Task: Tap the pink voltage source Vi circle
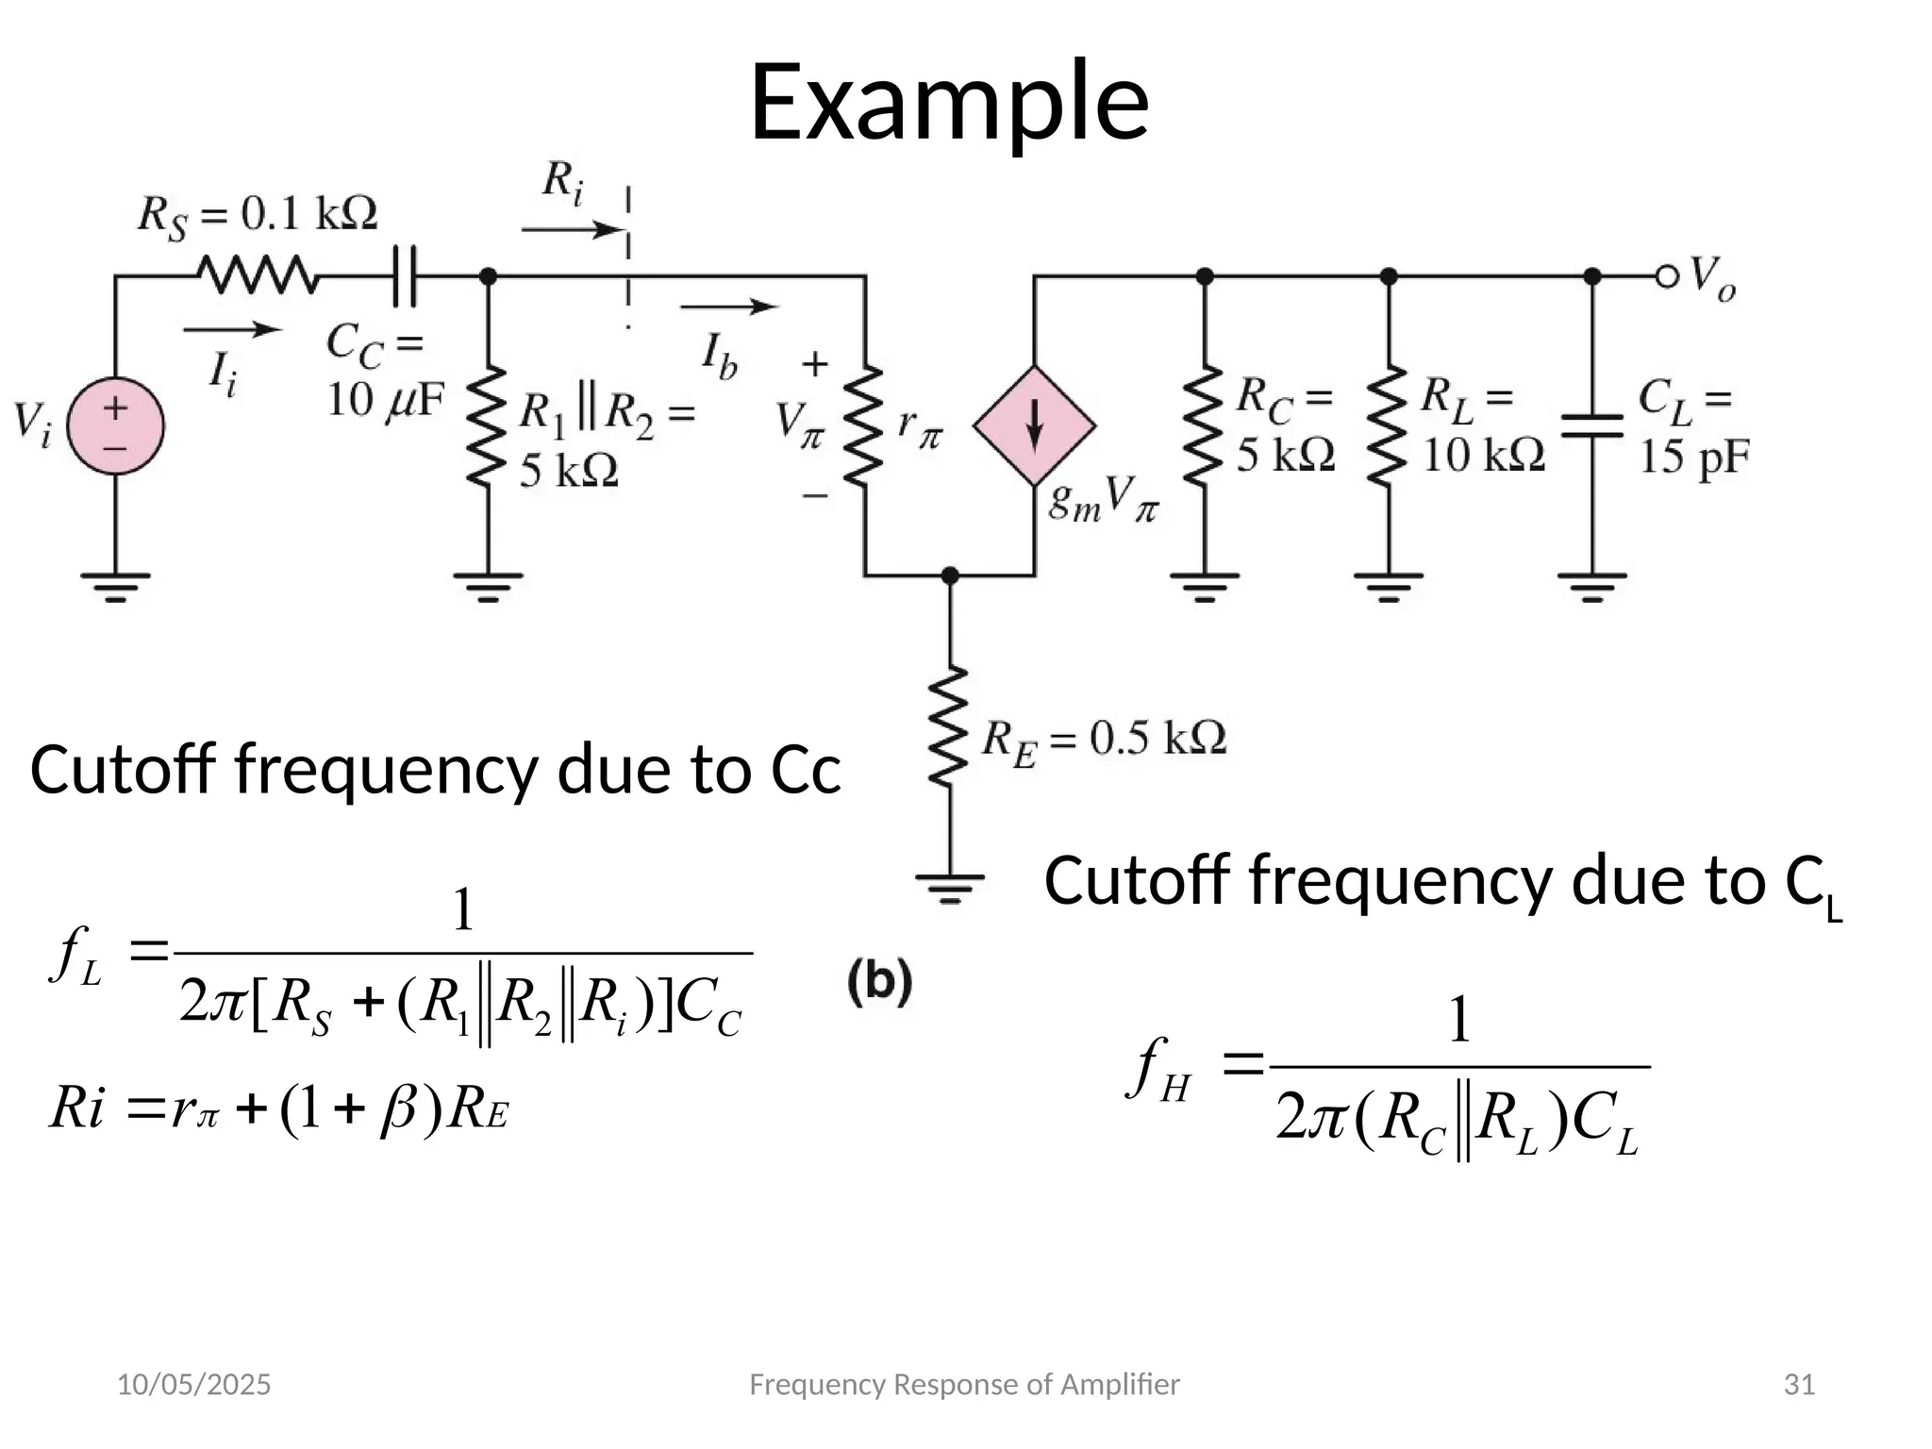pyautogui.click(x=116, y=426)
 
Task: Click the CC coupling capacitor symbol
pyautogui.click(x=405, y=275)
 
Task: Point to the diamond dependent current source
pyautogui.click(x=1035, y=426)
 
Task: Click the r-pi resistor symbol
pyautogui.click(x=864, y=426)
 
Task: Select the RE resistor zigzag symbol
pyautogui.click(x=950, y=726)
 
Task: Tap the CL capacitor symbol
pyautogui.click(x=1592, y=426)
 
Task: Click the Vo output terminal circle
pyautogui.click(x=1668, y=276)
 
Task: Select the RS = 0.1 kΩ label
pyautogui.click(x=257, y=215)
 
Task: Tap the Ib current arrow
pyautogui.click(x=728, y=307)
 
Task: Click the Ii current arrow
pyautogui.click(x=232, y=329)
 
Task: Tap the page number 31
pyautogui.click(x=1800, y=1385)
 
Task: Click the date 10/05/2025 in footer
pyautogui.click(x=193, y=1385)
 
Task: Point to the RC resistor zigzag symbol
pyautogui.click(x=1205, y=426)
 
